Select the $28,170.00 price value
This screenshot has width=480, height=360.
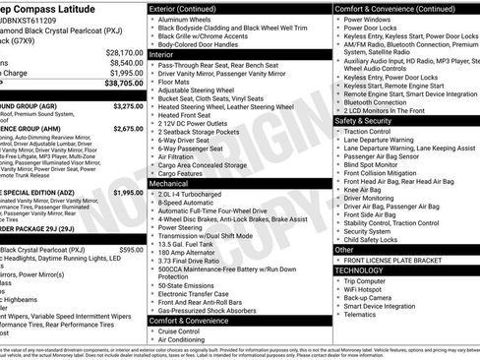[x=124, y=52]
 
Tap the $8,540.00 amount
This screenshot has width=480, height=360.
[x=126, y=63]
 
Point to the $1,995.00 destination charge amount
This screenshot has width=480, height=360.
[x=126, y=74]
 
